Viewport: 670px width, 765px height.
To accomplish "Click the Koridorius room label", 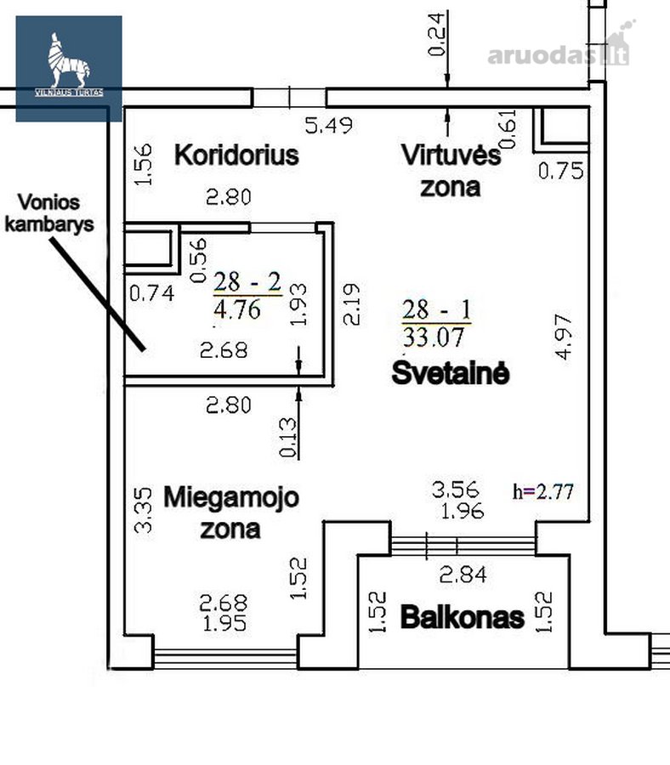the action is coord(236,156).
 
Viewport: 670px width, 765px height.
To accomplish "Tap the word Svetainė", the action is coord(451,373).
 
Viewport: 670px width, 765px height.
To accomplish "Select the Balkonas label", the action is coord(463,617).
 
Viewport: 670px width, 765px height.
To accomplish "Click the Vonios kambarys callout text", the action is coord(48,213).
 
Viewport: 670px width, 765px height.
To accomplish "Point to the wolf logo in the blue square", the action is coord(69,60).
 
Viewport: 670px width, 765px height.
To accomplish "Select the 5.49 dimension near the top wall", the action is coord(329,126).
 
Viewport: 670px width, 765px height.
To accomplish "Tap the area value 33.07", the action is coord(434,337).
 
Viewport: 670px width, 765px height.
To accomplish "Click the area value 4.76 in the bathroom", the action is coord(237,309).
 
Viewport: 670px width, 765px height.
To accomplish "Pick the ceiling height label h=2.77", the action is coord(543,491).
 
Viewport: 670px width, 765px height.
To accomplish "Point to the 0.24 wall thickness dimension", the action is coord(437,34).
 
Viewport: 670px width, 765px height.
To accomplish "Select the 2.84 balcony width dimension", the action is coord(463,575).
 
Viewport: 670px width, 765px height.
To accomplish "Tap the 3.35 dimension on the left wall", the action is coord(144,510).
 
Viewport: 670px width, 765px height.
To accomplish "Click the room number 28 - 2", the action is coord(247,282).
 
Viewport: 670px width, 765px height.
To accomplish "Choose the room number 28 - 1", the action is coord(437,309).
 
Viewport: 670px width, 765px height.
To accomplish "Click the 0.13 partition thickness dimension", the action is coord(288,437).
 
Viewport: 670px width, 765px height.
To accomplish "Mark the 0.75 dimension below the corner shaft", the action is coord(560,171).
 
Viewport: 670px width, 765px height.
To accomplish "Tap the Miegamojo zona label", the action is coord(230,513).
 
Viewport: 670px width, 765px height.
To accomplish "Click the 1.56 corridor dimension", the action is coord(144,164).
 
